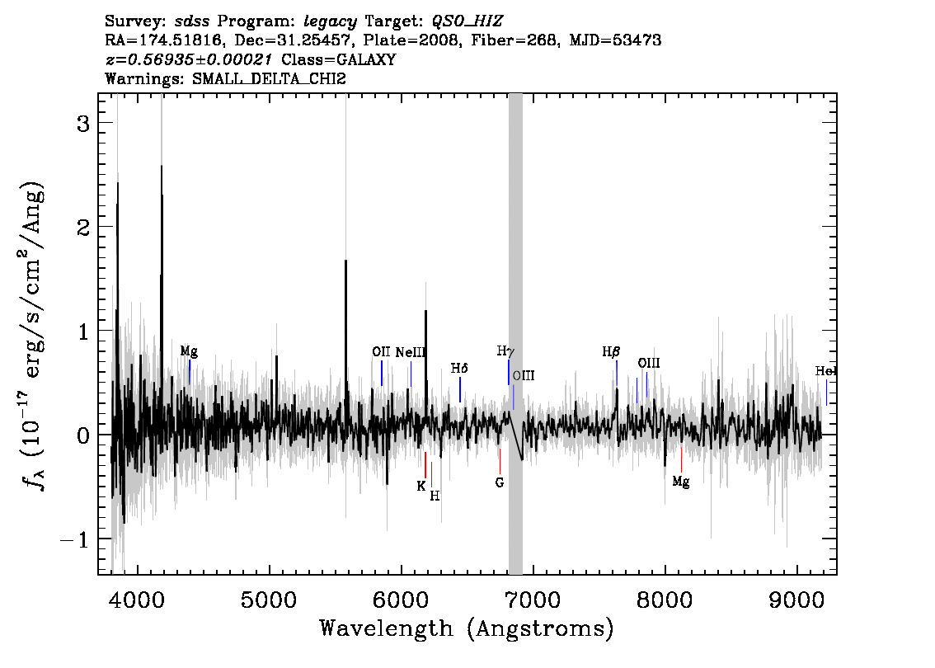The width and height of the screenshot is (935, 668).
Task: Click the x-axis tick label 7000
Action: tap(533, 600)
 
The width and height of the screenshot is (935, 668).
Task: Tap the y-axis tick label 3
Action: tap(83, 124)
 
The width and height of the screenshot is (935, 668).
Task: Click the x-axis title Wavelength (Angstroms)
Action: tap(467, 628)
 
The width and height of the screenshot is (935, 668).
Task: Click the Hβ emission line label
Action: tap(611, 352)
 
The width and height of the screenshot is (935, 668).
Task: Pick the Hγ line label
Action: tap(505, 351)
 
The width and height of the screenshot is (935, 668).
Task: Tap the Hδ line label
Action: tap(459, 368)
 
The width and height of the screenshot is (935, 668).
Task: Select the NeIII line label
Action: tap(411, 352)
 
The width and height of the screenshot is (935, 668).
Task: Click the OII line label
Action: tap(381, 352)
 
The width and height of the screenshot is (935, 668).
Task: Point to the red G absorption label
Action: tap(500, 482)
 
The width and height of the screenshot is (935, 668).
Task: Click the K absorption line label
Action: tap(421, 486)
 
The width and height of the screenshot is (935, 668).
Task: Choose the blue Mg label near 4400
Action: tap(189, 351)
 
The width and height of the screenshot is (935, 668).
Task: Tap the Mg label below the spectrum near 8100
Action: tap(681, 482)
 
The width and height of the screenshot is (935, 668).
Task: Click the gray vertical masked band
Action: tap(516, 334)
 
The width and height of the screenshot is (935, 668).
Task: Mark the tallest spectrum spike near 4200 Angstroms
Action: tap(162, 166)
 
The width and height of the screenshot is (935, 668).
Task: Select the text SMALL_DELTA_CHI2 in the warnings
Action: tap(269, 78)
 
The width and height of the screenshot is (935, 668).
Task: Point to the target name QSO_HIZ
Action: tap(467, 22)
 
